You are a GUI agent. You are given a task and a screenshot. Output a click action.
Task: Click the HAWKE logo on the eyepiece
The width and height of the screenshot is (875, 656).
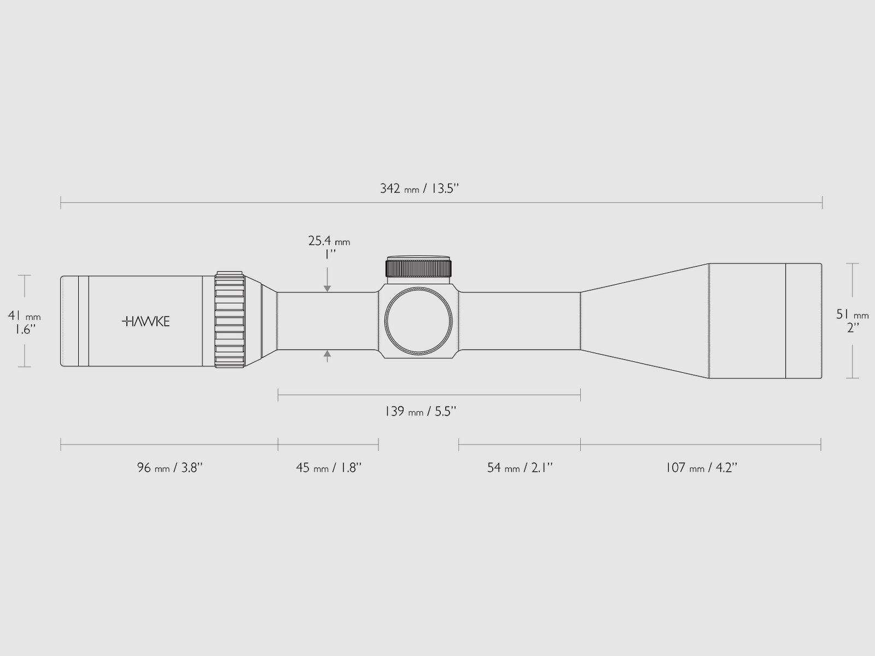146,321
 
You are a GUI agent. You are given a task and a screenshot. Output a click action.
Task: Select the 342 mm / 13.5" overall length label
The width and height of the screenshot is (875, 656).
419,189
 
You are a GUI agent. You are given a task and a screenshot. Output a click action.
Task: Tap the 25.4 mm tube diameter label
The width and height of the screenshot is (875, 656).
329,241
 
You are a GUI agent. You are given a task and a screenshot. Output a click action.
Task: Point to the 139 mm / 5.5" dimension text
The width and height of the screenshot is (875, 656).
420,411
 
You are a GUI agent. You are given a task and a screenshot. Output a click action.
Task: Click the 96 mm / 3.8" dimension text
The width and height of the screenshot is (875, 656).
170,467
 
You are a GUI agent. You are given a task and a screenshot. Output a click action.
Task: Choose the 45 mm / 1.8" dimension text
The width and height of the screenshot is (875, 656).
329,467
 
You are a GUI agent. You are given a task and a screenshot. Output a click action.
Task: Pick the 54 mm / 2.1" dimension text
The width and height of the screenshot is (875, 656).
520,467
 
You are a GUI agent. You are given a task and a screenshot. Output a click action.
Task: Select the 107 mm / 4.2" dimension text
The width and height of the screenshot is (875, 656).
701,467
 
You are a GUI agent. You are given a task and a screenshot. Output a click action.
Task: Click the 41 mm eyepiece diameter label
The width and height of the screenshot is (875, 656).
24,316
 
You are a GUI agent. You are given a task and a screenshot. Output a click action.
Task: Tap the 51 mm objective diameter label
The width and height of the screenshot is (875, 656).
852,315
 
